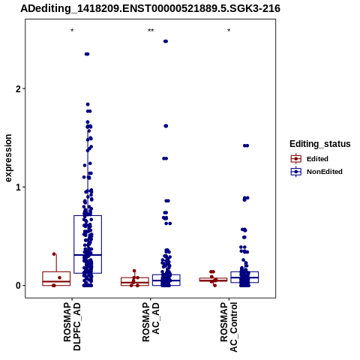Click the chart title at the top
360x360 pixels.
click(x=150, y=8)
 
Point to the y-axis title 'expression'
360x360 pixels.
click(x=8, y=158)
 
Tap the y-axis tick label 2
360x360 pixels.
click(x=18, y=88)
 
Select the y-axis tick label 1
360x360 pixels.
click(x=18, y=187)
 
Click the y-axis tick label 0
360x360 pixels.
click(x=18, y=286)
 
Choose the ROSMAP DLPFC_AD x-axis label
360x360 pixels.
click(x=72, y=326)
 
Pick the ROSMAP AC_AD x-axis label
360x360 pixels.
click(x=151, y=322)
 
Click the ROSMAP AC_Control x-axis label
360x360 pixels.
click(x=229, y=327)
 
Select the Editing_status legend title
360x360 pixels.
click(x=320, y=144)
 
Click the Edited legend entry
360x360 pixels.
click(x=309, y=159)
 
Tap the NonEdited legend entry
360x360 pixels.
click(x=316, y=172)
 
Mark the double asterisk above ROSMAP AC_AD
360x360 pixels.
click(x=151, y=31)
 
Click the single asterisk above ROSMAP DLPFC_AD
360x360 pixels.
click(x=72, y=31)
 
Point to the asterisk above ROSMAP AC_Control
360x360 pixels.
click(x=229, y=31)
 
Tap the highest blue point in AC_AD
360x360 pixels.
click(x=166, y=41)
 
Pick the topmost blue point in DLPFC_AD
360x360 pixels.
click(x=87, y=54)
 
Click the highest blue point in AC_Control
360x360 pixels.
click(x=246, y=145)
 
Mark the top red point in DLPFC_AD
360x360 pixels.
click(x=54, y=254)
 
